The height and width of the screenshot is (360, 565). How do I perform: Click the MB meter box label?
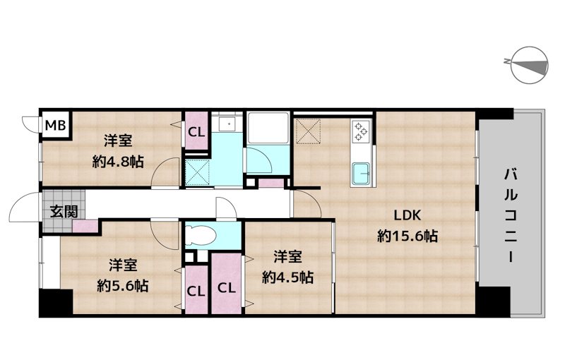pyautogui.click(x=56, y=125)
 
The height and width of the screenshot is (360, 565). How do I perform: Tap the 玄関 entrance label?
pyautogui.click(x=64, y=211)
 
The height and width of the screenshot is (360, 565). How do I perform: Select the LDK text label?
pyautogui.click(x=408, y=215)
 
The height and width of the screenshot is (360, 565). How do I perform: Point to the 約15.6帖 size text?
pyautogui.click(x=408, y=236)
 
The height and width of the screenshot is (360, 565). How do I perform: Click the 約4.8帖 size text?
pyautogui.click(x=118, y=162)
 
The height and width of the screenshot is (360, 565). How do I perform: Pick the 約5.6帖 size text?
pyautogui.click(x=122, y=286)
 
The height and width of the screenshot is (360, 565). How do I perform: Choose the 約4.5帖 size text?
pyautogui.click(x=287, y=277)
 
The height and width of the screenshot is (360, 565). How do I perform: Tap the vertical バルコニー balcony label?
pyautogui.click(x=511, y=216)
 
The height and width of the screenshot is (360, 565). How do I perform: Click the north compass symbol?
pyautogui.click(x=530, y=66)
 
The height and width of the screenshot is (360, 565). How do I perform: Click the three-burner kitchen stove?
pyautogui.click(x=361, y=131)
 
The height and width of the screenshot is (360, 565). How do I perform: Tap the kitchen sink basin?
pyautogui.click(x=362, y=174)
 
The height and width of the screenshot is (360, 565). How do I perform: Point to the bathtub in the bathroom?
pyautogui.click(x=268, y=128)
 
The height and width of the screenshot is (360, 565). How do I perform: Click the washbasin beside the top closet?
pyautogui.click(x=228, y=124)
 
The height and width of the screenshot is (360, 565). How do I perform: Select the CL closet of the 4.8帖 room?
pyautogui.click(x=196, y=131)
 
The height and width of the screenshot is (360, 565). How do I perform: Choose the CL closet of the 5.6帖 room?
pyautogui.click(x=196, y=290)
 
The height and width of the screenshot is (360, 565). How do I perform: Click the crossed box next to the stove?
pyautogui.click(x=308, y=131)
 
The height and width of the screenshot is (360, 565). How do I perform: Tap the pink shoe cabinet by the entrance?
pyautogui.click(x=85, y=227)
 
